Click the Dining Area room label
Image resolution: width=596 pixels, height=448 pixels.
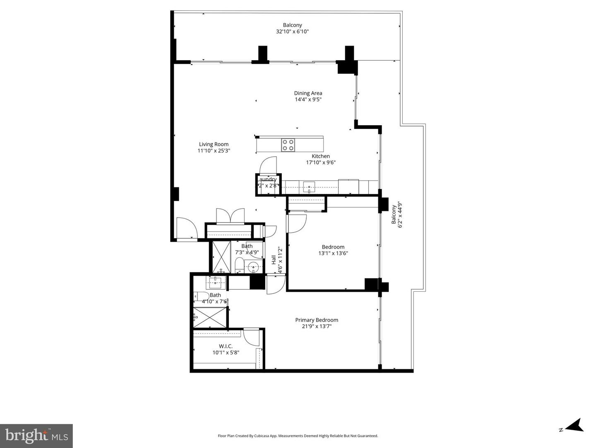point(308,93)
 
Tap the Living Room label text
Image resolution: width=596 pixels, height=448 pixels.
point(214,144)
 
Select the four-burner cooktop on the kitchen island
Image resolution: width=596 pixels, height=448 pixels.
point(288,145)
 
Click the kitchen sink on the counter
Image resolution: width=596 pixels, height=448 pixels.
point(309,187)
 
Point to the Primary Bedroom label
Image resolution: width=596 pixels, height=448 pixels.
point(317,320)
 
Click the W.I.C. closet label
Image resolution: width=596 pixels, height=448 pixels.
point(226,346)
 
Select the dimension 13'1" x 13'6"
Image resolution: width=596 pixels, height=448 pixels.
point(333,253)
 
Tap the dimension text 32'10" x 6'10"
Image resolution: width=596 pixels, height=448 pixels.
point(292,31)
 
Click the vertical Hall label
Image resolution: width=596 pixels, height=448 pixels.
point(274,260)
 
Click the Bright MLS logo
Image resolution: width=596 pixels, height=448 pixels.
point(36,436)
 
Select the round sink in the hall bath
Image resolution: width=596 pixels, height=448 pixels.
point(253,267)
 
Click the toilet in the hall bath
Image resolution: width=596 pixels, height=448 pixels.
point(239,265)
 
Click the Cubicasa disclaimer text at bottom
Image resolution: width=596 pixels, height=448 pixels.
point(298,436)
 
